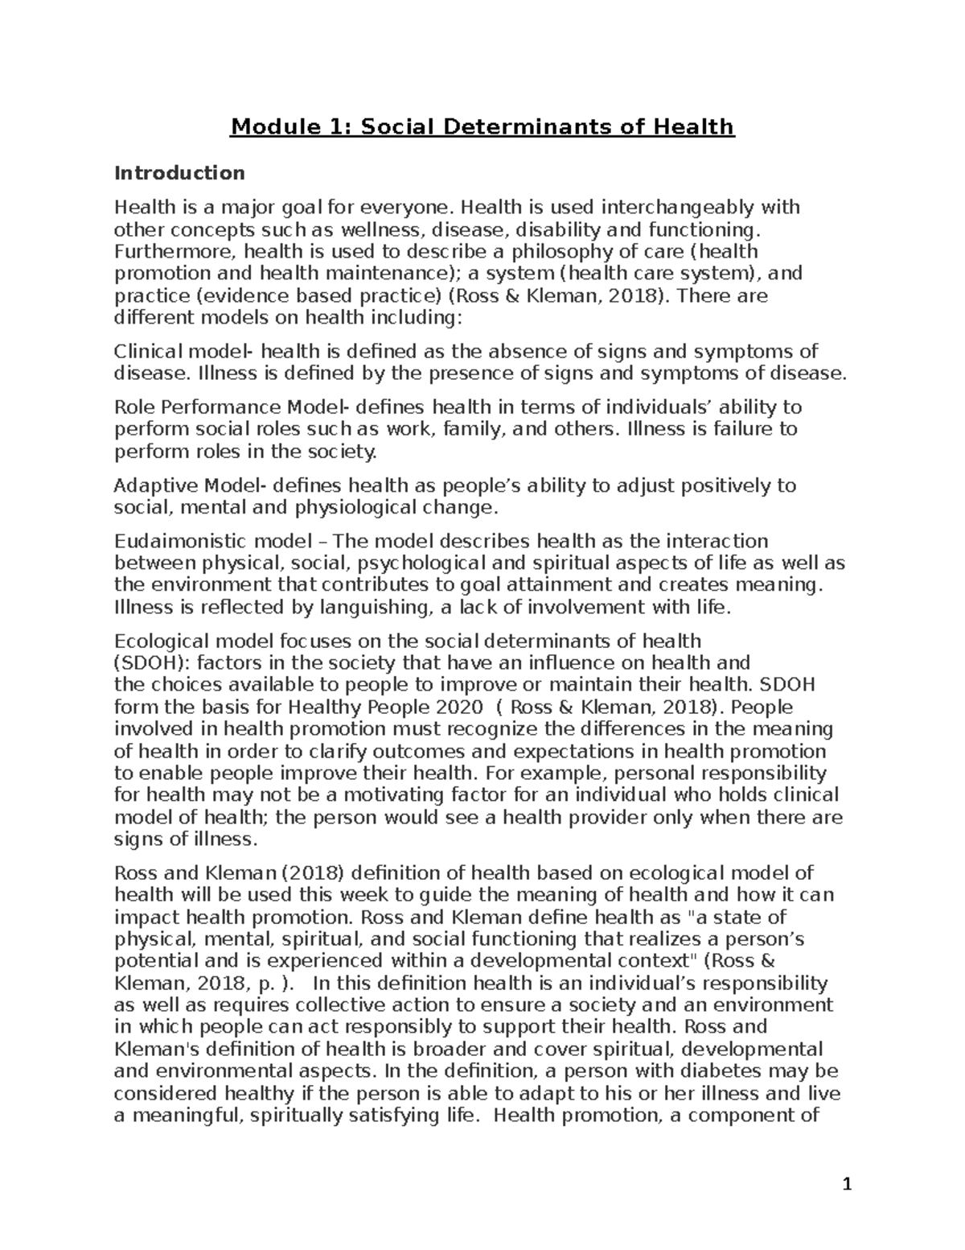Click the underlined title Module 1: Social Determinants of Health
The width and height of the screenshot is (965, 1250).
pos(482,126)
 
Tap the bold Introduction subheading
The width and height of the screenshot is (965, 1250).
pos(179,173)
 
